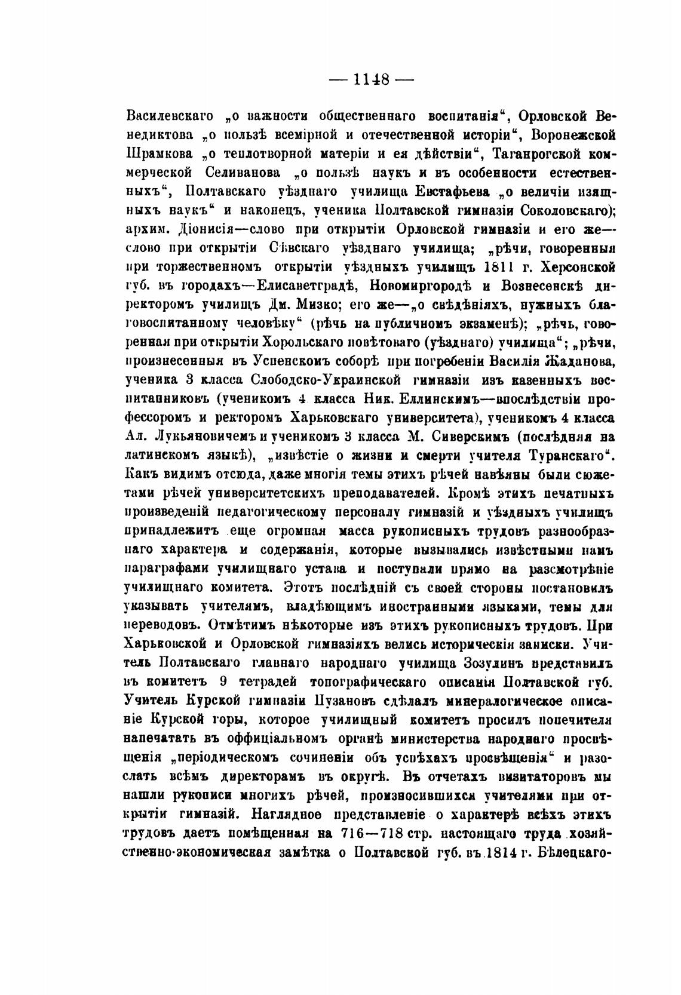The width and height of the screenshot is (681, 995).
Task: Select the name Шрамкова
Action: [161, 153]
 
